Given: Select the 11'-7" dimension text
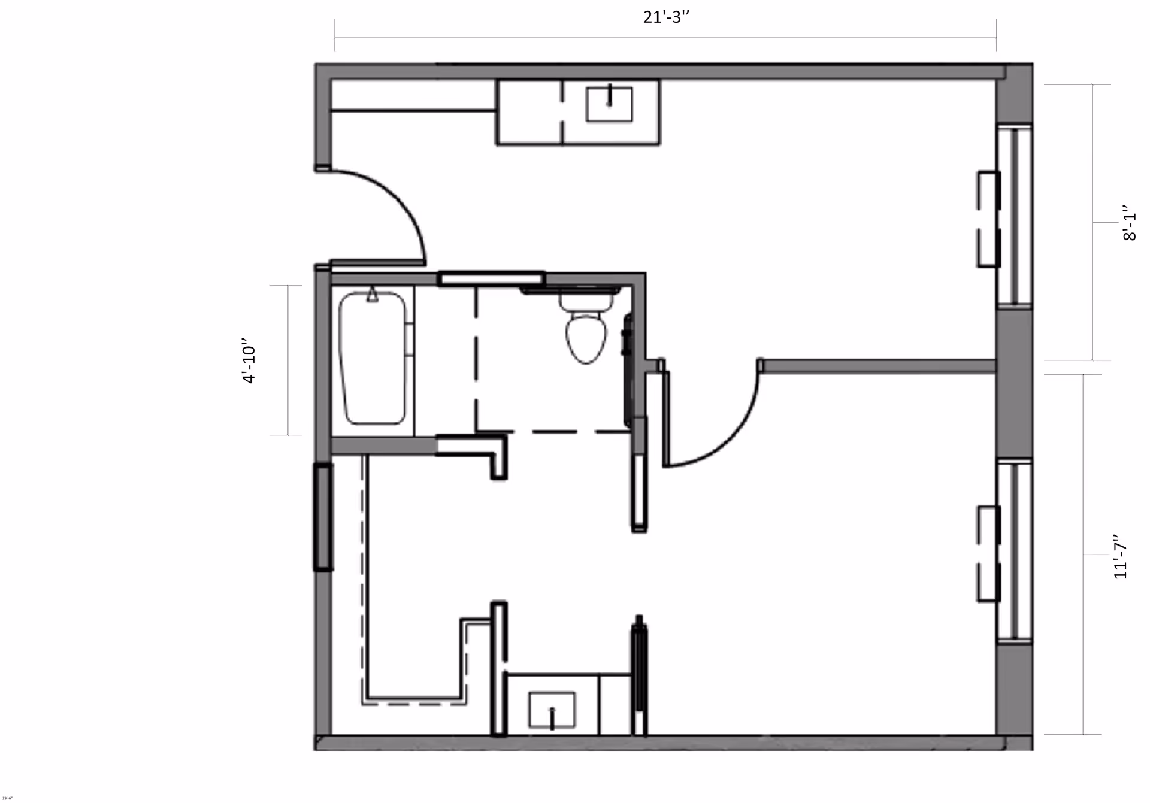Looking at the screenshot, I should coord(1120,556).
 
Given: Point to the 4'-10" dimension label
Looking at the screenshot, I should coord(249,363).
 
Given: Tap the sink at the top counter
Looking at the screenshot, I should coord(609,104).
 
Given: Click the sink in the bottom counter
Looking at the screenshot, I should coord(552,711).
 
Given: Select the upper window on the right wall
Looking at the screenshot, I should coord(1015,216).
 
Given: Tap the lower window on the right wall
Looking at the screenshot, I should coord(1015,551).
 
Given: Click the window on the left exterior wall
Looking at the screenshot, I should coord(323,517).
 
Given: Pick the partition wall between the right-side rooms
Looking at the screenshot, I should coord(877,365).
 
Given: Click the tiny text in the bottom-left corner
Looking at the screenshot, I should coord(7,798).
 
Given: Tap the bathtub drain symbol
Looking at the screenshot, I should coord(373,295).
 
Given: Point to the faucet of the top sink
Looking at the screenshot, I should coord(609,96).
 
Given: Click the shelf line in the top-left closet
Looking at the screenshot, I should coord(413,110).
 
